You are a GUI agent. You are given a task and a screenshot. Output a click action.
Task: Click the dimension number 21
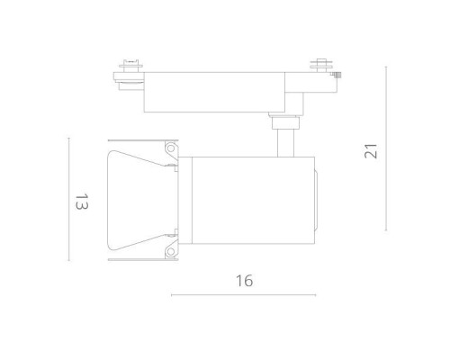371,148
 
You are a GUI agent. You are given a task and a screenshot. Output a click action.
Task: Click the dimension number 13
80,203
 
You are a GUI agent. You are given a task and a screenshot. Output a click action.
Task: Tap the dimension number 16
244,280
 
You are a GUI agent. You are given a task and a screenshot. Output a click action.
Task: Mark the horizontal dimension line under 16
244,295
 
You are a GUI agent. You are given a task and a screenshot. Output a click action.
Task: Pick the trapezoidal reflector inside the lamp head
135,201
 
